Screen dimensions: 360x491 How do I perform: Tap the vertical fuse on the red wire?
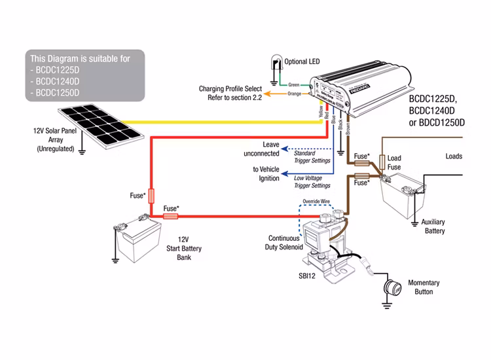click(x=152, y=195)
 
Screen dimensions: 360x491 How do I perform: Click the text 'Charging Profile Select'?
click(x=231, y=88)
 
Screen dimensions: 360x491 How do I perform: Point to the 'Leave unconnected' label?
click(x=261, y=149)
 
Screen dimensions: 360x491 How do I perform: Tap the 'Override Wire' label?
click(x=314, y=202)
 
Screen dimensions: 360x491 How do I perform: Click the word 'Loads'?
click(x=454, y=156)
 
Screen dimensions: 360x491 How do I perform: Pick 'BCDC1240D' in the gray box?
click(x=58, y=81)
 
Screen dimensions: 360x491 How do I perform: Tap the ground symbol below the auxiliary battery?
click(x=414, y=225)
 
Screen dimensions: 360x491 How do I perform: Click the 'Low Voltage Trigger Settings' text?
click(x=312, y=181)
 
